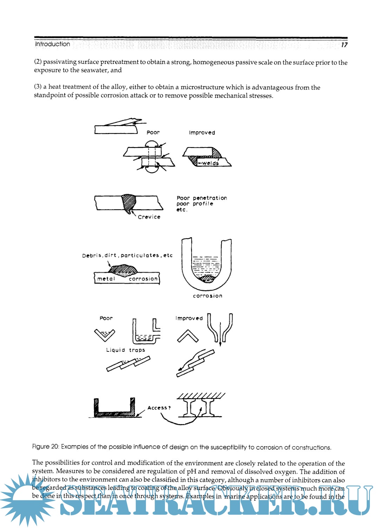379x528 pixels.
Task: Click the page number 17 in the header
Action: [x=344, y=45]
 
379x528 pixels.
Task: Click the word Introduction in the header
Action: [x=52, y=44]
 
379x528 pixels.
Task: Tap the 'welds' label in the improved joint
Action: [x=210, y=163]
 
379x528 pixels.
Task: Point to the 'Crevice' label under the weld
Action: [x=149, y=217]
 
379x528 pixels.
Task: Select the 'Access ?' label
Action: [x=159, y=408]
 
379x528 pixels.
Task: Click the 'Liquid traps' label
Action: [x=126, y=350]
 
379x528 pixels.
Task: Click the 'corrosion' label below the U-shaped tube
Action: [x=207, y=296]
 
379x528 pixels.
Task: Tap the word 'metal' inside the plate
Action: [x=106, y=279]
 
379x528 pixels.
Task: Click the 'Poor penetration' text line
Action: [x=202, y=198]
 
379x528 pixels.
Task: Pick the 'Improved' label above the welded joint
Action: [x=202, y=133]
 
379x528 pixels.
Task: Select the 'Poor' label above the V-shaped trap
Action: [x=106, y=318]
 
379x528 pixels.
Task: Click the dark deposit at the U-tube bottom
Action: [x=207, y=279]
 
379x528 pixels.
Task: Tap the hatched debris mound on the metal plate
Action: [x=122, y=270]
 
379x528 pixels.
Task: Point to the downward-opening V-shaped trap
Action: [x=105, y=335]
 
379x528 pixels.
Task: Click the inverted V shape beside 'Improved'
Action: [x=188, y=336]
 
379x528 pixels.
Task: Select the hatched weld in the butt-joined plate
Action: [x=129, y=203]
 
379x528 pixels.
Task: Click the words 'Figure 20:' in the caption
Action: [x=46, y=447]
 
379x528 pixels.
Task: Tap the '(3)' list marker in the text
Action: [x=38, y=87]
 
